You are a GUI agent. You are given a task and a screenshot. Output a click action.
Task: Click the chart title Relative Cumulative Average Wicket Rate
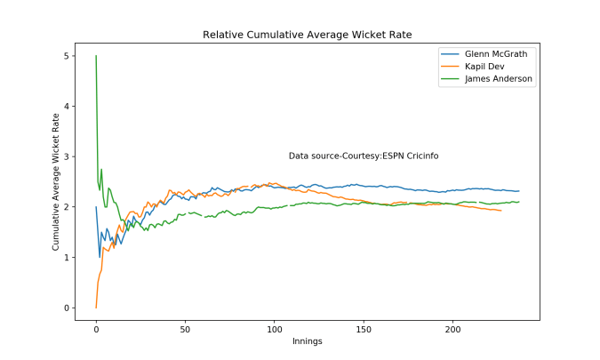tap(307, 35)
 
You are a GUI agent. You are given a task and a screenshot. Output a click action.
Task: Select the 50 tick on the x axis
tap(185, 329)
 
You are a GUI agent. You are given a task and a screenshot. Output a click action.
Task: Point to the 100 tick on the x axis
tap(274, 329)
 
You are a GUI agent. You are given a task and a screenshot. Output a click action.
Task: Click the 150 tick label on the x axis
tap(363, 329)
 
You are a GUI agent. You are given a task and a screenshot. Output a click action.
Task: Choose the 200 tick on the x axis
tap(452, 329)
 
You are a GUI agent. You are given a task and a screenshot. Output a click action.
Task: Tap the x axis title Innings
tap(307, 341)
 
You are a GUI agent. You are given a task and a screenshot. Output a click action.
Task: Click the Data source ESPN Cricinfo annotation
tap(363, 156)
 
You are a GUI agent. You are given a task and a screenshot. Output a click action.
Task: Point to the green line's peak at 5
tap(96, 57)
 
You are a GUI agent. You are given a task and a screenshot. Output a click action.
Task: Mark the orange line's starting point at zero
tap(96, 308)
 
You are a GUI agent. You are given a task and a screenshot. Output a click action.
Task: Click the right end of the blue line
tap(518, 191)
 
